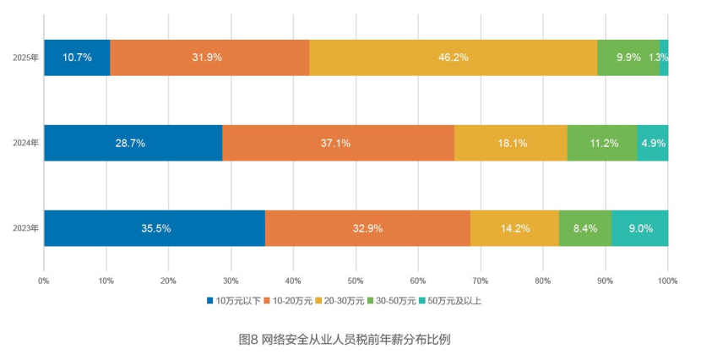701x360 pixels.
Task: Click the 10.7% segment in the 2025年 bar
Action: tap(77, 57)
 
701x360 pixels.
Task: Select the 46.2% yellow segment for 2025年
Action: tap(453, 57)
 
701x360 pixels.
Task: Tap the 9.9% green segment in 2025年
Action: tap(628, 57)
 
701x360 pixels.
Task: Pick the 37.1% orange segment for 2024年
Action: tap(338, 143)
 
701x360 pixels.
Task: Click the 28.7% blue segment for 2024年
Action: tap(133, 143)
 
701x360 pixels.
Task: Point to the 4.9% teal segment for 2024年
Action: tap(653, 143)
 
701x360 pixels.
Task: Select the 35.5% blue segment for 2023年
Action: tap(155, 228)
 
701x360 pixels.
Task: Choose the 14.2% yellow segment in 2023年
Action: tap(514, 228)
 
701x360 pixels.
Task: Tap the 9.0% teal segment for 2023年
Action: tap(639, 228)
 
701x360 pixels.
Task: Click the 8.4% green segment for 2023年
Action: tap(585, 228)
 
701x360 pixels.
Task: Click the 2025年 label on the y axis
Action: tap(25, 57)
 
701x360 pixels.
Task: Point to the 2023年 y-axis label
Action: tap(25, 228)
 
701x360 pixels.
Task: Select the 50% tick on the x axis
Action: tap(356, 279)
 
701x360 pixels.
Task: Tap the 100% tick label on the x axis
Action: tap(667, 279)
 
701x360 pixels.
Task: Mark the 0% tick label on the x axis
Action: tap(44, 279)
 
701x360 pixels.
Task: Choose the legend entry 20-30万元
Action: tap(342, 300)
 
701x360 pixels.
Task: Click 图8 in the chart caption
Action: tap(248, 340)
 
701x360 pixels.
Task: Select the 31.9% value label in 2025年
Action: tap(208, 57)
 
